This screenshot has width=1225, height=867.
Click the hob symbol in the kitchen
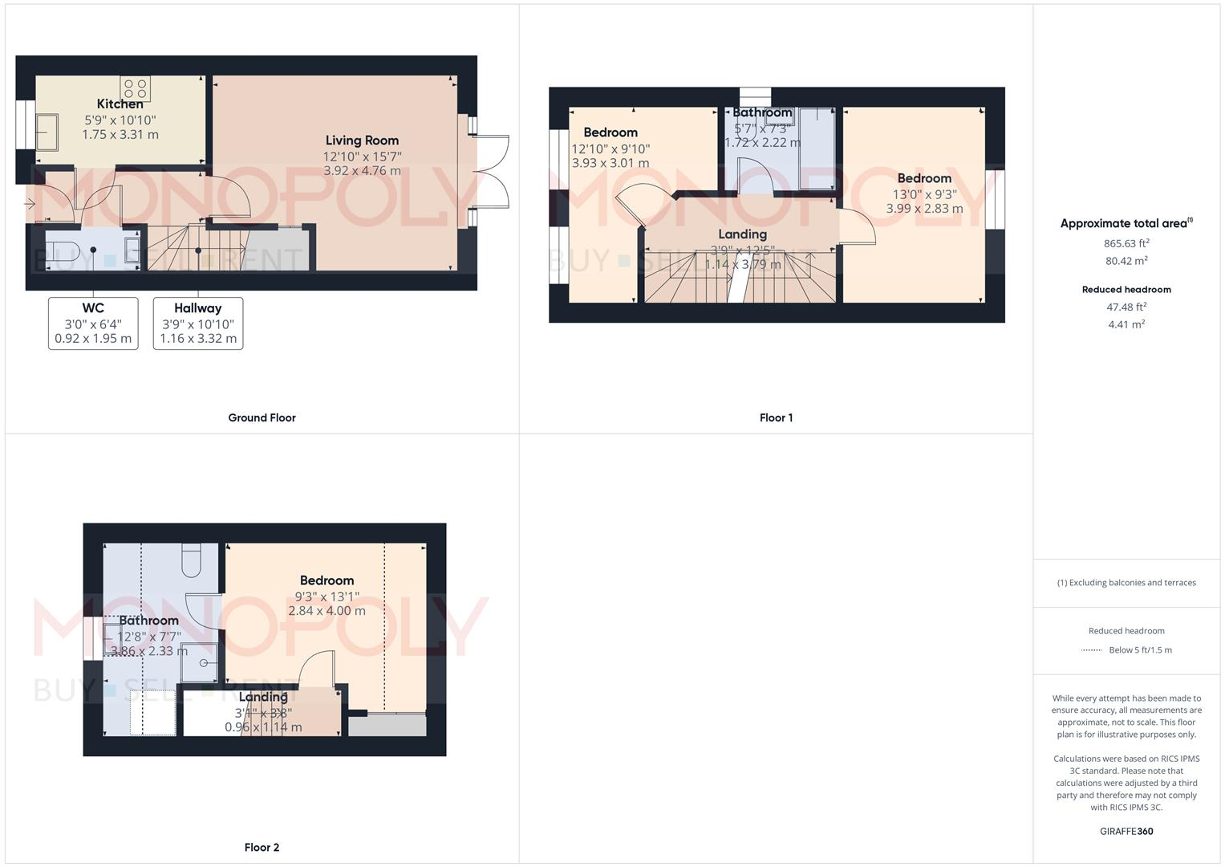pos(135,88)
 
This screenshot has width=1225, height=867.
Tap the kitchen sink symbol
pos(47,132)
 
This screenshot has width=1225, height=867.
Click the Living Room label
pos(362,140)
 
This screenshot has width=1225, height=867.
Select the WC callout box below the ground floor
pos(93,324)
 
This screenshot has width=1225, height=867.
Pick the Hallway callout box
pos(198,324)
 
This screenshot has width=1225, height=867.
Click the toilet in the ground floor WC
pos(61,248)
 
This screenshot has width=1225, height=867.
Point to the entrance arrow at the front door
pos(30,204)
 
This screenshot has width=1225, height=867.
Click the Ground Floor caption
pos(262,417)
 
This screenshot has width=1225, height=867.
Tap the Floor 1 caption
pos(776,417)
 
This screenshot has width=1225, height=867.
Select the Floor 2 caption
pos(262,847)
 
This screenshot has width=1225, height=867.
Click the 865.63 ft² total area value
pos(1126,243)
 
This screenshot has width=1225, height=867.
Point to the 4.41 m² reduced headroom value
pos(1126,324)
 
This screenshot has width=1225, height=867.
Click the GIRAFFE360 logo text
pos(1126,831)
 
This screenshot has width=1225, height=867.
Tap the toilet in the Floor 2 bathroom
pos(192,561)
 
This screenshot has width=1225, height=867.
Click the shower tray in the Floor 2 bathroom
pos(199,661)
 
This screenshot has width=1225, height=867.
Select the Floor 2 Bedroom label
pos(327,580)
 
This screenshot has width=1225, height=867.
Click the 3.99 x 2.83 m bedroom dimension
pos(924,209)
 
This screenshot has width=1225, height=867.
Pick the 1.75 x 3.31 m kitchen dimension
pos(120,135)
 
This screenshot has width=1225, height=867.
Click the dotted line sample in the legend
pos(1092,650)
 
